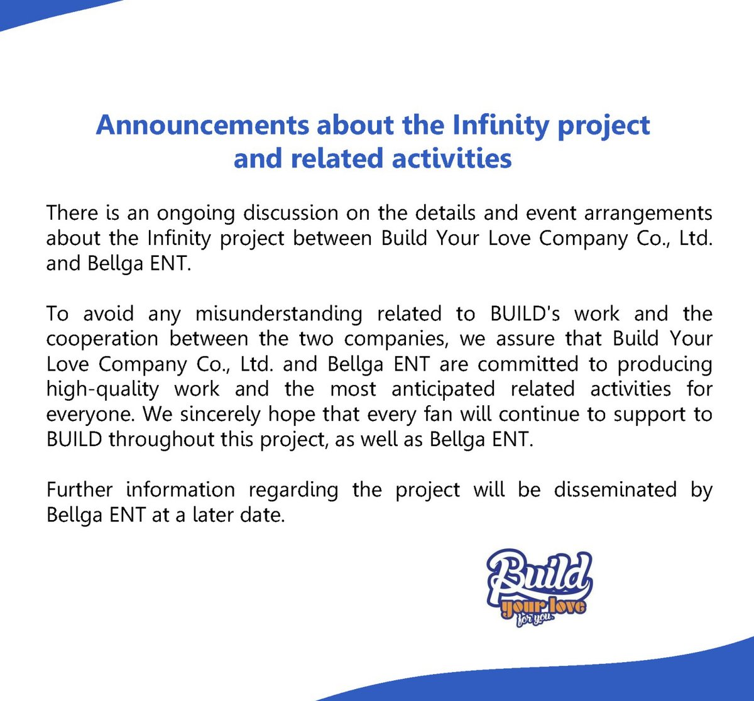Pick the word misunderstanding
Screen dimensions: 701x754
[278, 313]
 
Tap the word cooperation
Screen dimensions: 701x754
[102, 339]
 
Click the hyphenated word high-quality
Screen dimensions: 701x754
[102, 389]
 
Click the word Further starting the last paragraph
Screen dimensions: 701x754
[79, 489]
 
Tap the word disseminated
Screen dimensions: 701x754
[615, 489]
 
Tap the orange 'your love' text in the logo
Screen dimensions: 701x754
[544, 607]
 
